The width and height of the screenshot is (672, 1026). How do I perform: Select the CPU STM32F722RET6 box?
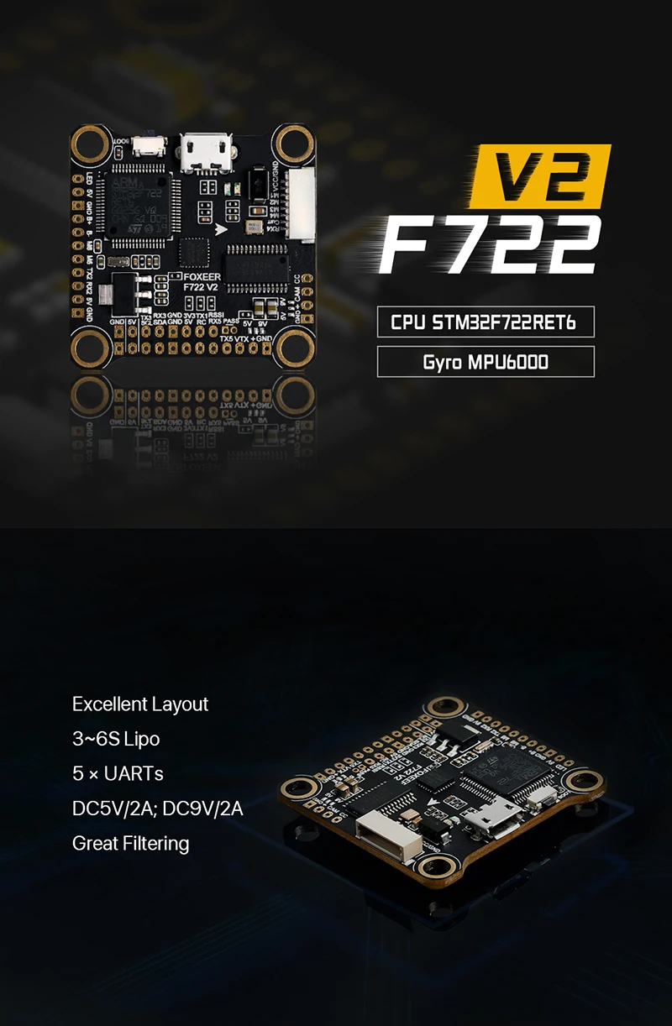pyautogui.click(x=486, y=322)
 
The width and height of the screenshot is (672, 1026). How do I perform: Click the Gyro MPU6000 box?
pyautogui.click(x=486, y=363)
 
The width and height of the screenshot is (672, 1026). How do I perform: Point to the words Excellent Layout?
pyautogui.click(x=140, y=704)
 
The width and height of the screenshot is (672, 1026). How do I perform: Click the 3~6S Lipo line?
pyautogui.click(x=116, y=739)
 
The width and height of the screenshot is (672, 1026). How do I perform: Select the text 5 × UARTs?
pyautogui.click(x=117, y=773)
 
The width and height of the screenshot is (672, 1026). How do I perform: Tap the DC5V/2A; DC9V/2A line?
pyautogui.click(x=158, y=808)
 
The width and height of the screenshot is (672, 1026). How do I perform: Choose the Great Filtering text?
pyautogui.click(x=131, y=843)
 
